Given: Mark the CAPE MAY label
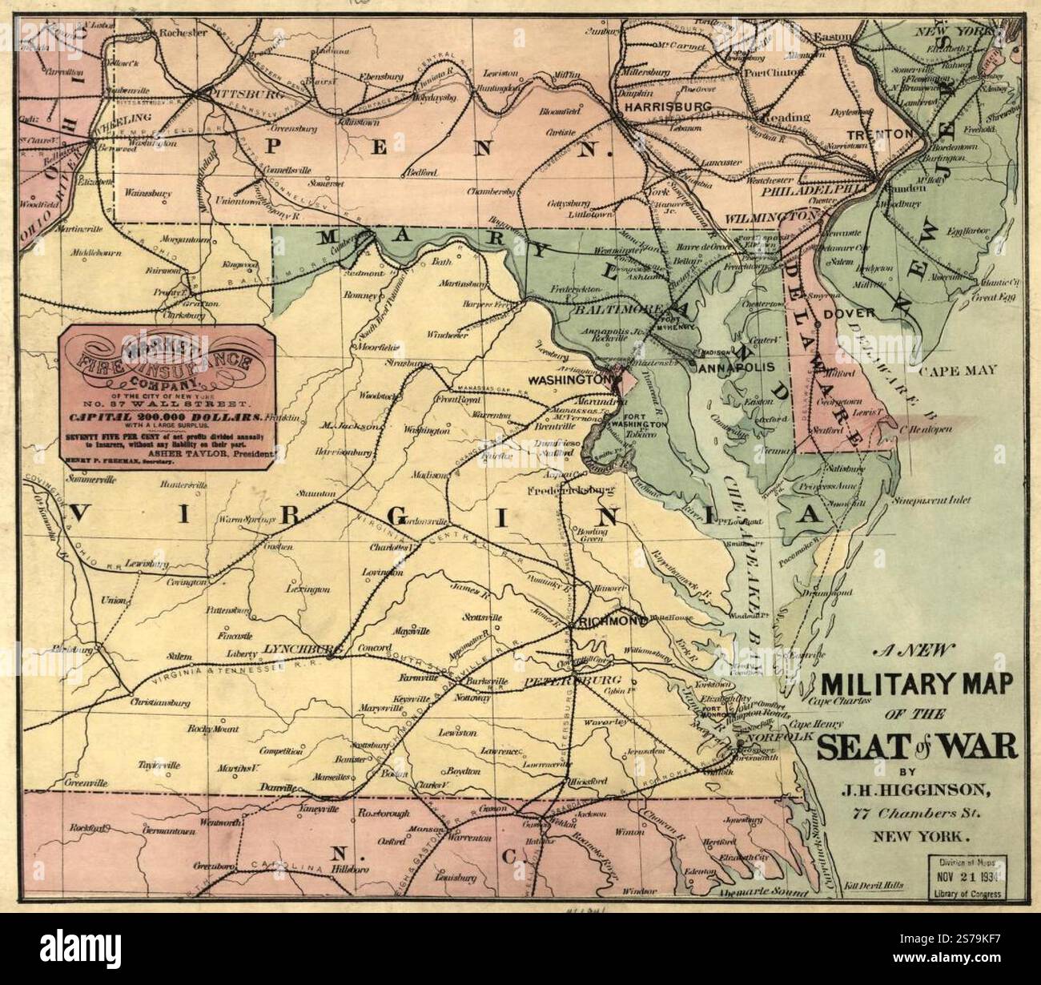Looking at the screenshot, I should point(958,370).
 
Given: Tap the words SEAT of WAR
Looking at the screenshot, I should point(917,747).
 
